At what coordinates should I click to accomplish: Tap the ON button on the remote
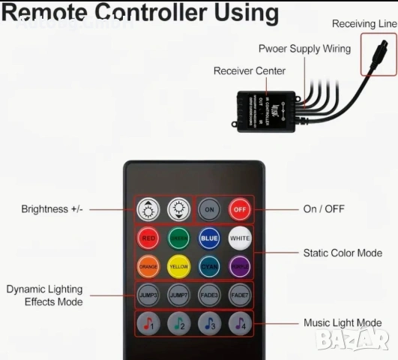pyautogui.click(x=209, y=209)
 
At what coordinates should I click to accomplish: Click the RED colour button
pyautogui.click(x=148, y=238)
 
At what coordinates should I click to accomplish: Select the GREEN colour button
pyautogui.click(x=178, y=238)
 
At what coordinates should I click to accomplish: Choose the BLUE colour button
pyautogui.click(x=209, y=238)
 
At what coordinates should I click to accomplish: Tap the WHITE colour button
pyautogui.click(x=240, y=238)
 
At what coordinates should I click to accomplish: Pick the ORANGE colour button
pyautogui.click(x=148, y=266)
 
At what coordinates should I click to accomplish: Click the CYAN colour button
pyautogui.click(x=209, y=266)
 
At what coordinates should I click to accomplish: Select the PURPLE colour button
pyautogui.click(x=240, y=266)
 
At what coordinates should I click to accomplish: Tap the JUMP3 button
pyautogui.click(x=148, y=295)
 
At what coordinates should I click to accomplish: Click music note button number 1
pyautogui.click(x=148, y=324)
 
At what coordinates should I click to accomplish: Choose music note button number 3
pyautogui.click(x=209, y=324)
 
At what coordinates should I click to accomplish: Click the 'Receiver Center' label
pyautogui.click(x=250, y=71)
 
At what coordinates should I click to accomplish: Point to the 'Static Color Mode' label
pyautogui.click(x=343, y=253)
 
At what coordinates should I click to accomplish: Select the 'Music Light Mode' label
pyautogui.click(x=343, y=323)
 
